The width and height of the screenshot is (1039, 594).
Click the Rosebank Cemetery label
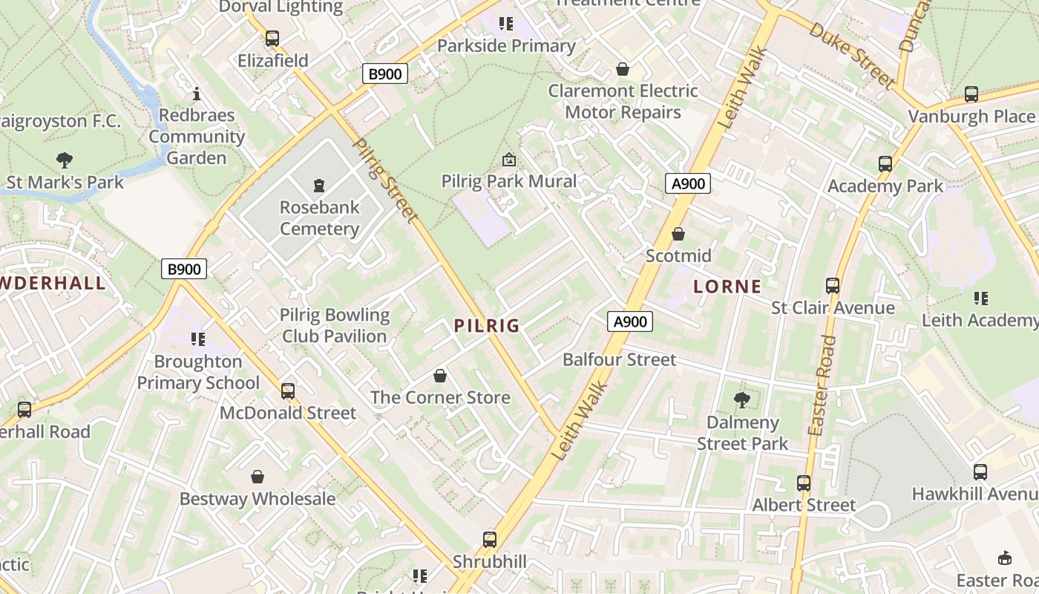(x=319, y=218)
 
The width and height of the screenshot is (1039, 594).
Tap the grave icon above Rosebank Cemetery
(x=319, y=185)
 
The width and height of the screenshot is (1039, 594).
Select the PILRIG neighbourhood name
(x=486, y=325)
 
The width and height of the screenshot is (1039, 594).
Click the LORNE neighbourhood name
(x=727, y=287)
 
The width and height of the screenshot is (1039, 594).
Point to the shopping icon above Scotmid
(x=678, y=234)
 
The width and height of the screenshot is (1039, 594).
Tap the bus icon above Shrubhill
(x=490, y=540)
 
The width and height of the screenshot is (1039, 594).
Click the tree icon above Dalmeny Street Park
(x=741, y=400)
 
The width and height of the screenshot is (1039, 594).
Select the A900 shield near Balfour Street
(x=630, y=322)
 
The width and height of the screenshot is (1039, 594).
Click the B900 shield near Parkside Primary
(x=385, y=74)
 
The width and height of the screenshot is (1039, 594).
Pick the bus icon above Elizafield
(x=272, y=39)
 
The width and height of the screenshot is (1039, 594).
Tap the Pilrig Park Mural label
(x=508, y=181)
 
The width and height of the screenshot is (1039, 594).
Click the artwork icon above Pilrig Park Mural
(x=509, y=160)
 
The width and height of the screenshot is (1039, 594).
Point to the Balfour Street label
(x=619, y=359)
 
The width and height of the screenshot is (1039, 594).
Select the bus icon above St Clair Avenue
(x=833, y=286)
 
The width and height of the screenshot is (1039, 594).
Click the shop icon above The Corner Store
(x=440, y=376)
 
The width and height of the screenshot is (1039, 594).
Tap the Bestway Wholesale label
(x=258, y=498)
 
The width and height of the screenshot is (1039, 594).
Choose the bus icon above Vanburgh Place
(x=971, y=94)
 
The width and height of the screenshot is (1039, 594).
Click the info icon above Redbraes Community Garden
(x=197, y=94)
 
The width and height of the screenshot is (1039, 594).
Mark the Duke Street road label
(x=851, y=55)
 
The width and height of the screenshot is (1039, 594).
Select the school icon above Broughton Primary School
(x=198, y=339)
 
